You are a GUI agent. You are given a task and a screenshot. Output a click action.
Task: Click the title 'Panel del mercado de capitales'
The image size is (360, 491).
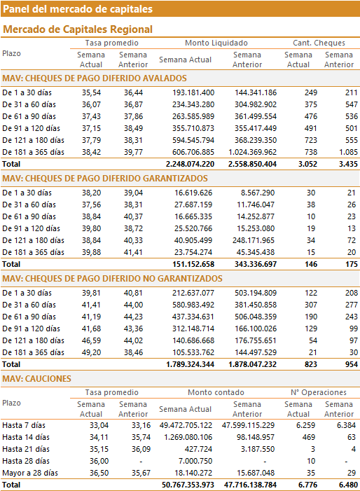[x=78, y=9]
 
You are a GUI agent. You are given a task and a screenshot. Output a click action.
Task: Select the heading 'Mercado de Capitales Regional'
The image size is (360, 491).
[x=78, y=29]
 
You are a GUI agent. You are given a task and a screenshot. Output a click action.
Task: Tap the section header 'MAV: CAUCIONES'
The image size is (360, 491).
[x=36, y=379]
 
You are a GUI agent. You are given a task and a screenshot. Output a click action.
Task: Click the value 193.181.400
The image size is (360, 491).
[x=193, y=92]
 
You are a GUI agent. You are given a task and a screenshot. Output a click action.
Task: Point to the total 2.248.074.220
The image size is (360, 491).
[x=190, y=164]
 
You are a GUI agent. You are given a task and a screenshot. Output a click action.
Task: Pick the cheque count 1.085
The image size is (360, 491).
[x=348, y=152]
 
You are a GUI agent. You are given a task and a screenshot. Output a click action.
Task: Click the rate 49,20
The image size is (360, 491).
[x=92, y=352]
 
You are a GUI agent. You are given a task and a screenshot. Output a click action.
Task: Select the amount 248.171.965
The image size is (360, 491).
[x=254, y=240]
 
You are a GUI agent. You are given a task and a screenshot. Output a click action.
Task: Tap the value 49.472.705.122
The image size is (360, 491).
[x=186, y=425]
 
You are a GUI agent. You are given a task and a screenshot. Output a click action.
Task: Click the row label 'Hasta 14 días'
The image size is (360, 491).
[x=26, y=437]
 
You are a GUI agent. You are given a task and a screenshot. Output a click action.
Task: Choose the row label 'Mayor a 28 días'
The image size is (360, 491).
[x=30, y=473]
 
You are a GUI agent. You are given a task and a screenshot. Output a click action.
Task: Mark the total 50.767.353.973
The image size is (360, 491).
[x=188, y=485]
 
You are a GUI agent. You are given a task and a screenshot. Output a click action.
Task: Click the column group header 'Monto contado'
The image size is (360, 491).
[x=216, y=392]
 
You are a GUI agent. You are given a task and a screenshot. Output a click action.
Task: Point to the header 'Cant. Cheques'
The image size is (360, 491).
[x=319, y=43]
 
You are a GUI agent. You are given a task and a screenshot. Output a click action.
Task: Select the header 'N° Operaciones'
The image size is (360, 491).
[x=319, y=392]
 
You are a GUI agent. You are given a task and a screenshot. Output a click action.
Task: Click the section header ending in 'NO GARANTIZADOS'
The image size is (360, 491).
[x=112, y=278]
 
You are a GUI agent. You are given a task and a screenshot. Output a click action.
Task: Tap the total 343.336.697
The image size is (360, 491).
[x=256, y=264]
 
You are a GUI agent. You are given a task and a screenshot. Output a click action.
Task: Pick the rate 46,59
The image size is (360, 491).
[x=92, y=340]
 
